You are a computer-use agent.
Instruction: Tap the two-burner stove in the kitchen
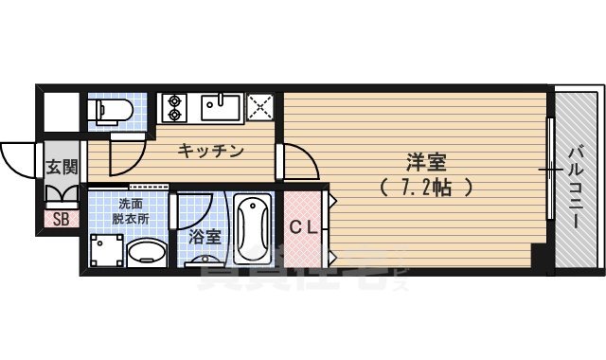174,107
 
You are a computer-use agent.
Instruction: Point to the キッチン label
211,151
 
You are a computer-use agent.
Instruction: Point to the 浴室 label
205,235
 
